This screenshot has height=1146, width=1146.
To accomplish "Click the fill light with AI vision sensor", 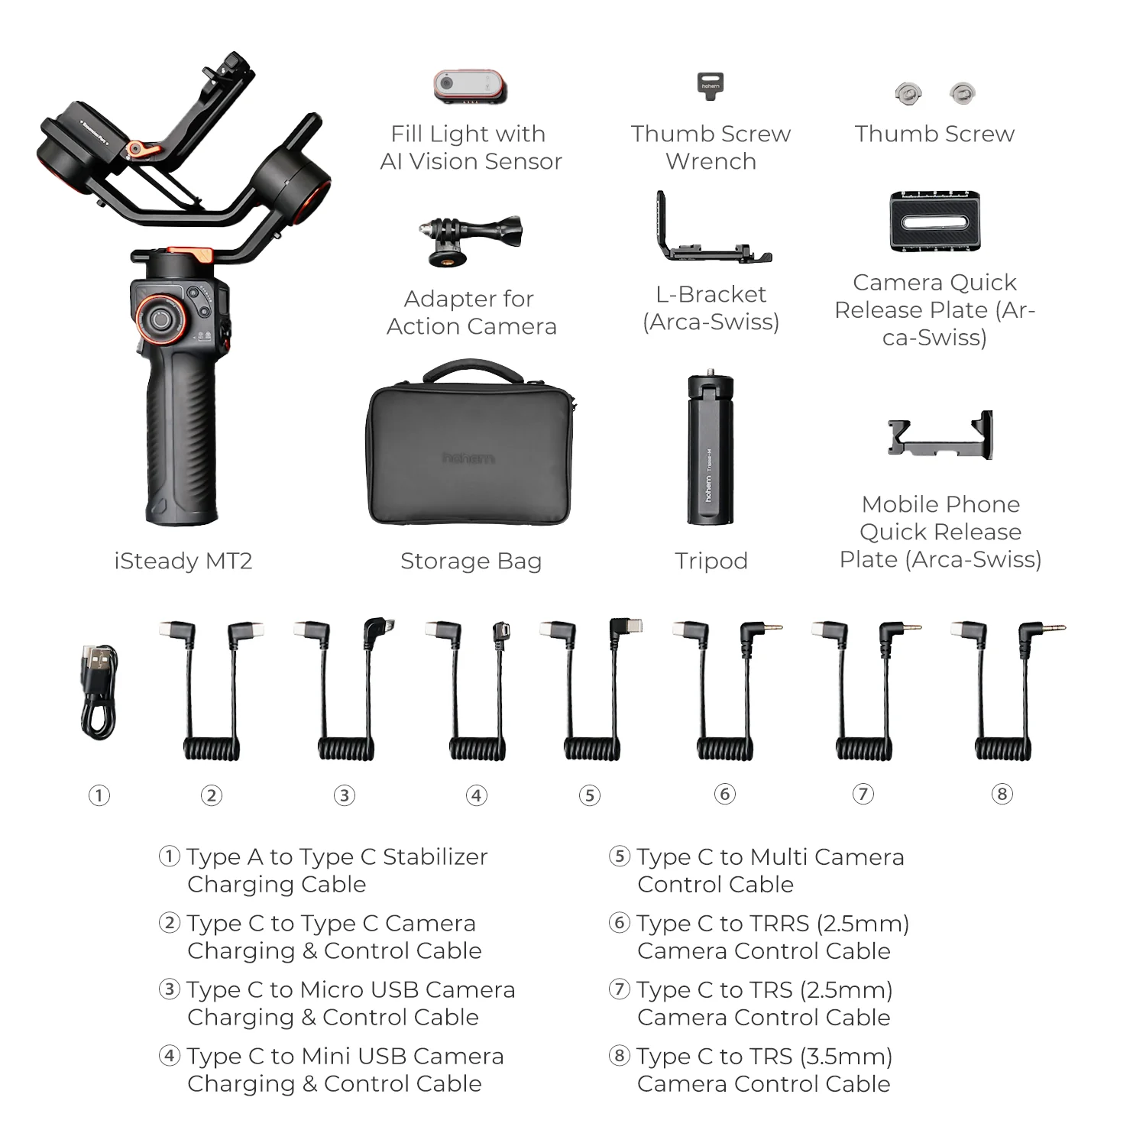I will click(x=470, y=86).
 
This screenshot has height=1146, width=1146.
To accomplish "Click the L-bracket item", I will click(x=711, y=234).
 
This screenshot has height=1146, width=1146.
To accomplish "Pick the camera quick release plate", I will click(x=934, y=222).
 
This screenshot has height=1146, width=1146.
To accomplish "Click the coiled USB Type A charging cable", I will click(x=99, y=691).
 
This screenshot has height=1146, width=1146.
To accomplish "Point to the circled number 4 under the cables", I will click(x=477, y=795).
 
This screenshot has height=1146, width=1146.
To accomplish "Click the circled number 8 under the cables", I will click(x=1002, y=794).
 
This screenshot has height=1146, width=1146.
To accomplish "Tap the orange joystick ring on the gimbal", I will click(x=160, y=318).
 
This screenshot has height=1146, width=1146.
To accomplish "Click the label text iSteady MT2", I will click(x=183, y=561).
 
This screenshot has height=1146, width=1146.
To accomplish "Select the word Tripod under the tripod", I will click(x=711, y=561).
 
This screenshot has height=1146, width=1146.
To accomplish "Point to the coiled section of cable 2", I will click(x=212, y=748).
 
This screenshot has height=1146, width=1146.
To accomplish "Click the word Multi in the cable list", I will click(x=783, y=857).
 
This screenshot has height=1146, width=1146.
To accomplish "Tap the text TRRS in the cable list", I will click(x=779, y=924).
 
